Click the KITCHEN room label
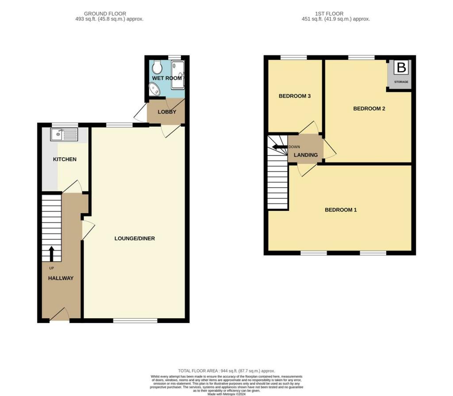point(65,159)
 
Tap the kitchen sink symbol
point(64,134)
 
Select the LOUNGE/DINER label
point(134,238)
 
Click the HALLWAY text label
point(61,278)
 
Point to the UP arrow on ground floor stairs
point(51,254)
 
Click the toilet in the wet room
point(156,68)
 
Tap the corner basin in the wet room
point(154,90)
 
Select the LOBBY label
point(167,112)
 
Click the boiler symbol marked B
point(401,68)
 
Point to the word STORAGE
point(401,82)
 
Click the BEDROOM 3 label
point(294,96)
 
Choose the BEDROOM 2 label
point(369,108)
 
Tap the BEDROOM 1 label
point(341,210)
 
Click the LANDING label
point(306,155)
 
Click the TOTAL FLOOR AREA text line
point(226,371)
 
